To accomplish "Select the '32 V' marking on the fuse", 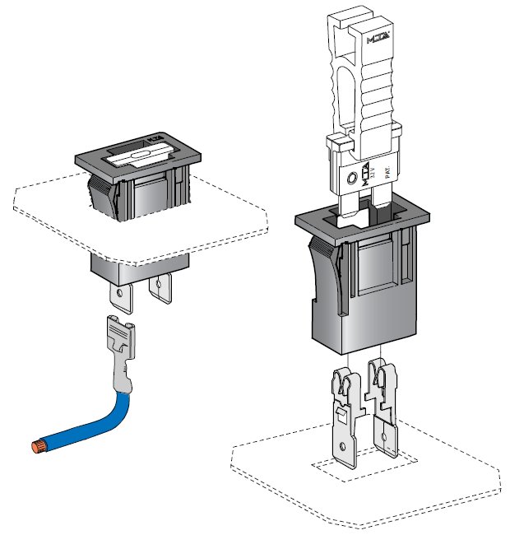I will pos(372,172).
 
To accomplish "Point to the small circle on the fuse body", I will pos(353,179).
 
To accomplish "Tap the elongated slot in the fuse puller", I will pos(345,91).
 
